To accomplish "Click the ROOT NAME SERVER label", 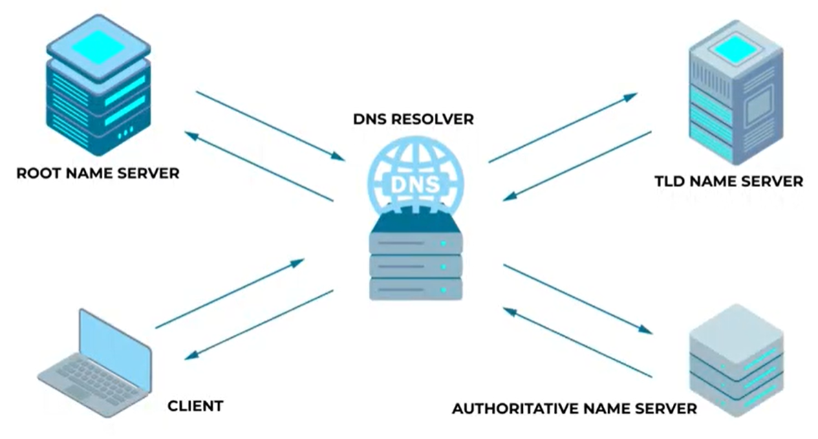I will (98, 173).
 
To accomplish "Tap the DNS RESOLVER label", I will (413, 118).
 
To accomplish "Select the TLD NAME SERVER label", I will (729, 182).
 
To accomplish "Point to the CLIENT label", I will (195, 406).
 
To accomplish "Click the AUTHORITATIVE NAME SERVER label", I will (574, 409).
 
